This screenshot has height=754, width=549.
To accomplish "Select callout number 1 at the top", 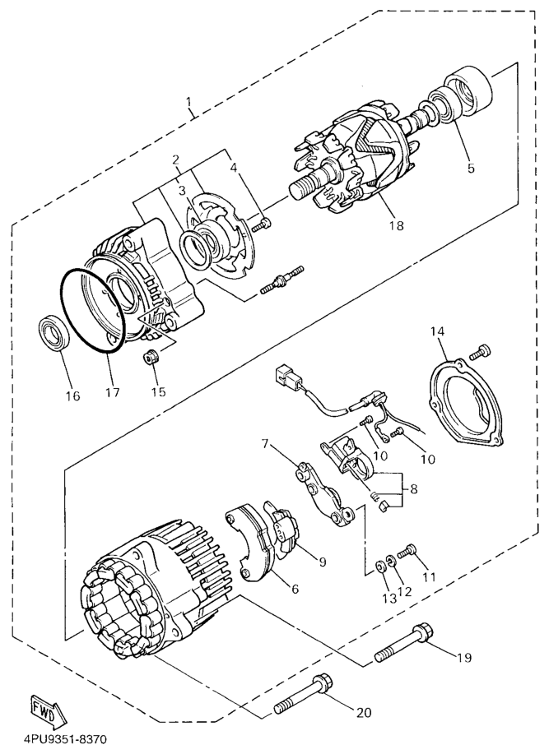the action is (189, 102).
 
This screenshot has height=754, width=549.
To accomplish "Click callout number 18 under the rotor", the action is (397, 225).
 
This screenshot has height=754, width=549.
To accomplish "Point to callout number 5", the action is (471, 168).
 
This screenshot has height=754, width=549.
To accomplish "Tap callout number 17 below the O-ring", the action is (112, 392).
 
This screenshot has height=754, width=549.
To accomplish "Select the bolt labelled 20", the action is (306, 692).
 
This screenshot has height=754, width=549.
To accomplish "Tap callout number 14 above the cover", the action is (438, 331).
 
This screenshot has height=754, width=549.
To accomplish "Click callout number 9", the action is (323, 561).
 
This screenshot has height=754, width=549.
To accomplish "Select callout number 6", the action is (295, 588).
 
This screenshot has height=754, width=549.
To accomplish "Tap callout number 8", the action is (414, 489).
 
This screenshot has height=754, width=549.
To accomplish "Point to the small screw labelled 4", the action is (263, 223).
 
